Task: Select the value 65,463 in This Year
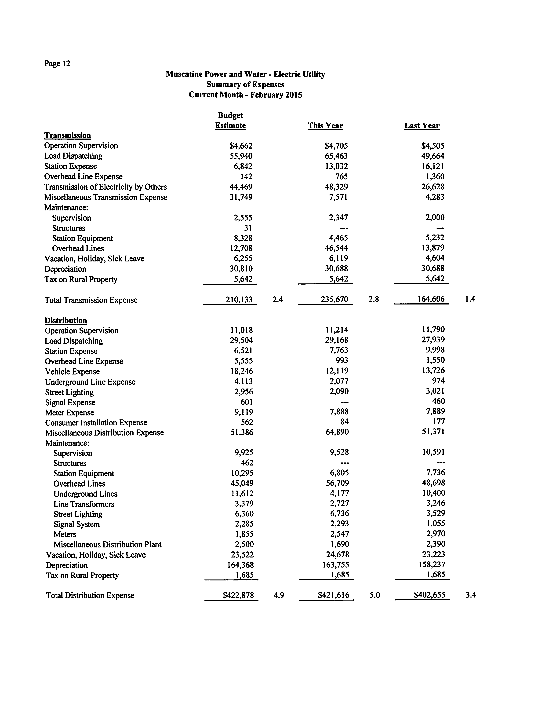[336, 156]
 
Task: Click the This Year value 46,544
[336, 248]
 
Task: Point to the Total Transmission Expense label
[91, 300]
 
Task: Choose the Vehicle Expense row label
[72, 372]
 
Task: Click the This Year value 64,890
[337, 432]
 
